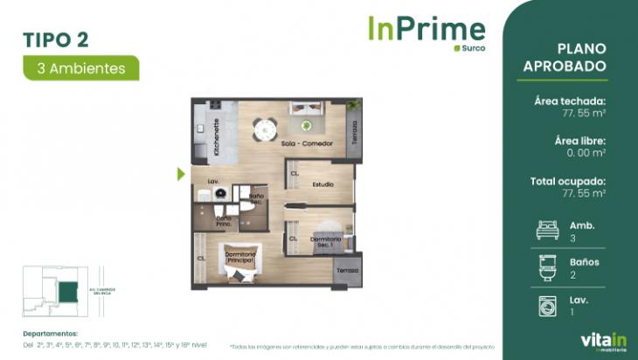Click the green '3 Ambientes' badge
click(80, 67)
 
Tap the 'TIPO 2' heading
click(55, 38)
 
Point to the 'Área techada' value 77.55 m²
click(584, 113)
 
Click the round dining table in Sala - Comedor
click(263, 129)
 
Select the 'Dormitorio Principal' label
click(239, 259)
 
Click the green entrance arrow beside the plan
click(181, 174)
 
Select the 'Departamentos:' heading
click(51, 333)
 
